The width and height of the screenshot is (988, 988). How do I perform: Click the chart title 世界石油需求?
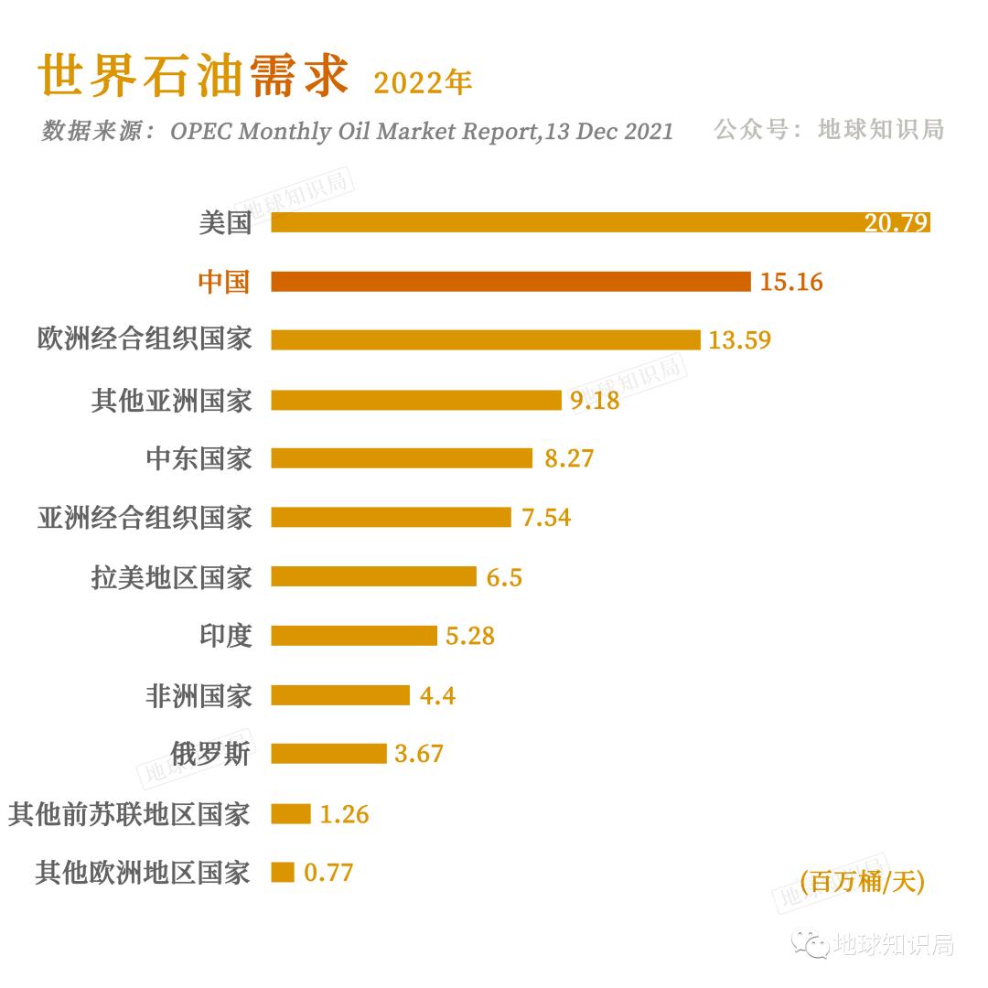(x=193, y=77)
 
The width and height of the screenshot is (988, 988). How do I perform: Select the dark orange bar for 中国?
(x=510, y=281)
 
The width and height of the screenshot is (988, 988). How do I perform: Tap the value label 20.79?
(x=896, y=223)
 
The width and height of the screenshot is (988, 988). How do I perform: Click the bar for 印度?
(x=354, y=635)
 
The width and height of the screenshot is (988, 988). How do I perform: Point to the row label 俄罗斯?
(x=210, y=754)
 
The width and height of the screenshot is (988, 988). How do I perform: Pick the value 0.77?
(x=328, y=873)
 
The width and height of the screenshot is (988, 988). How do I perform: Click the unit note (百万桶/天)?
(x=862, y=882)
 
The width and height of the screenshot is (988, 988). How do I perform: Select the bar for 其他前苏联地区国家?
(x=291, y=813)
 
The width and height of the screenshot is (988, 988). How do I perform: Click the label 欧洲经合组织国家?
(x=144, y=339)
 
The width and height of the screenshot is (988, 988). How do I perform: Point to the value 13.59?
(x=739, y=340)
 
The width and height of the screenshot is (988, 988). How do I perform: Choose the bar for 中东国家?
(x=402, y=457)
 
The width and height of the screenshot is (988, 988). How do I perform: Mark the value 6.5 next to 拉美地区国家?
(x=504, y=577)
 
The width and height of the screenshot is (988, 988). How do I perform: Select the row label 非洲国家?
(x=198, y=695)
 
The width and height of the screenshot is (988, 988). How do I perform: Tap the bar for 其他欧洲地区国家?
(x=283, y=872)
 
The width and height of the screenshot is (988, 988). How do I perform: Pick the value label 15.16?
(x=791, y=282)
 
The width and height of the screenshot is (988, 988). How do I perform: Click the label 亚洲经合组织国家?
(x=144, y=517)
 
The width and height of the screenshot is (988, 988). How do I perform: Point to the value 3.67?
(x=419, y=754)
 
